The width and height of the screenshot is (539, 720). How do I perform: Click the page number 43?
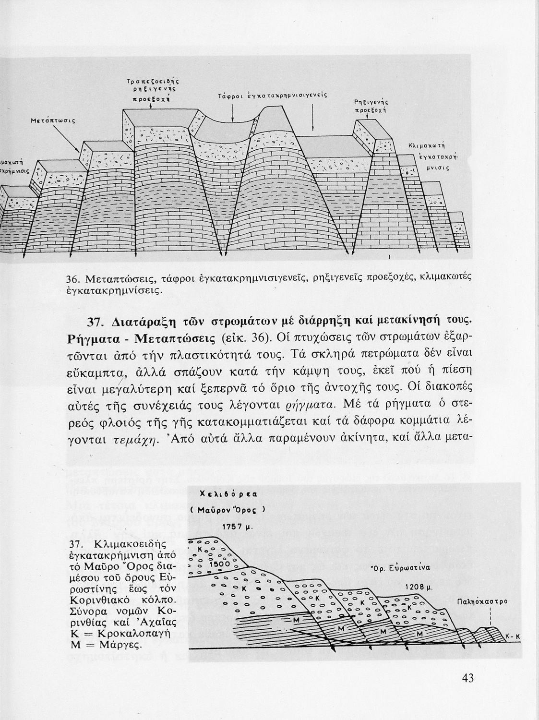pos(468,678)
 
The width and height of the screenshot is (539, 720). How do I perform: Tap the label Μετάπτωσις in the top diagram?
pos(48,121)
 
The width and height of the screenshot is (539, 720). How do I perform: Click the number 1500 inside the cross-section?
pos(220,564)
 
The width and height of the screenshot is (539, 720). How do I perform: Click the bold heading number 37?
pos(97,321)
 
